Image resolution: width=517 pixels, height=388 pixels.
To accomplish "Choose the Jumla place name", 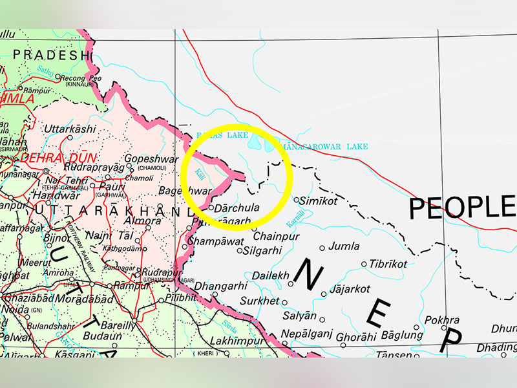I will point(344,246).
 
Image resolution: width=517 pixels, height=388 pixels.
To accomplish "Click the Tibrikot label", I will point(388,264).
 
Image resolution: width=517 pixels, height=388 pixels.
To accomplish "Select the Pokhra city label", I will point(443,320).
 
